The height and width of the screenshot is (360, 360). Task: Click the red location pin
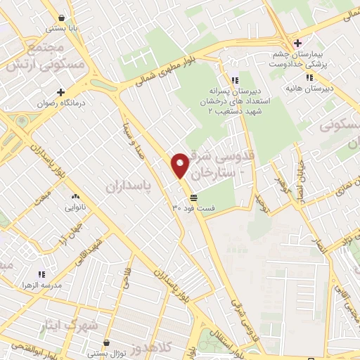pos(180,165)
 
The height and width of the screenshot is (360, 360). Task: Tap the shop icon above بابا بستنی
pos(64,17)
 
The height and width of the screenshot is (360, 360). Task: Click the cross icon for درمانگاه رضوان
pos(60,91)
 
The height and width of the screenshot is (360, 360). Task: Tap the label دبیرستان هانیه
pos(309,89)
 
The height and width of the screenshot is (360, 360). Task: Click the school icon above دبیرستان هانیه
pos(309,78)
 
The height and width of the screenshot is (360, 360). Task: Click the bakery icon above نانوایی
pos(75,197)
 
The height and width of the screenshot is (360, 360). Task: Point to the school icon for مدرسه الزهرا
pos(41,274)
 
